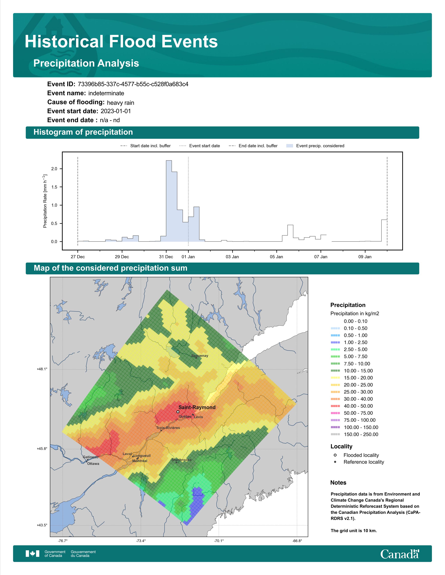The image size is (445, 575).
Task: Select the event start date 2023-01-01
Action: [116, 111]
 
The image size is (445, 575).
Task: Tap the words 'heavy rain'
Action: [120, 103]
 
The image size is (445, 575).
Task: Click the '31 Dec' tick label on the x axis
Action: [166, 257]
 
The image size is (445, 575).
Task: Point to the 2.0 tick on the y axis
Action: [54, 169]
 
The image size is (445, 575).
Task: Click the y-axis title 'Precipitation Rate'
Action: [45, 201]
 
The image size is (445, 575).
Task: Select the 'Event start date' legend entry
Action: [200, 146]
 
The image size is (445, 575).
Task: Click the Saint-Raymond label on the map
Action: [197, 407]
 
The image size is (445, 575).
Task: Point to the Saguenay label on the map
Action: [200, 356]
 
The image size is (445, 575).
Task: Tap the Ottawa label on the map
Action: [93, 464]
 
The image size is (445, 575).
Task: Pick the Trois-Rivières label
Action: [168, 428]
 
